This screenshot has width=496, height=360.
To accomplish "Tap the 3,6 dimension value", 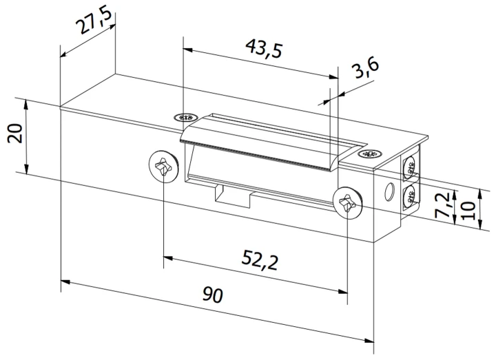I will coord(363,72).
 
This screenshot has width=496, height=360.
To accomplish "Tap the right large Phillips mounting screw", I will coord(347,203).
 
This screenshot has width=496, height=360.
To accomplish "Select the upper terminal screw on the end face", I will coord(409,167).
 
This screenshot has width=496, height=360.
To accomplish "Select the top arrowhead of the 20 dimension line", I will coord(26,103).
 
